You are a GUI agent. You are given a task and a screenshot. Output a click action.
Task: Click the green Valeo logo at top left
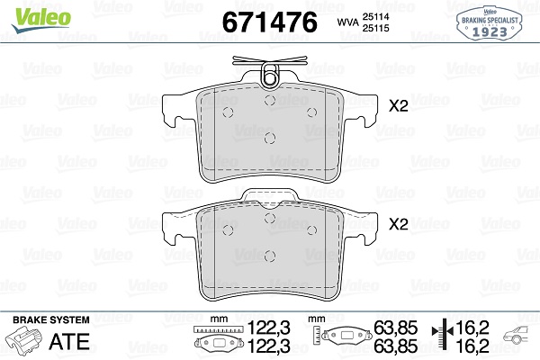41,19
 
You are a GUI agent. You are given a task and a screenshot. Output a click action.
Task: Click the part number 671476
269,22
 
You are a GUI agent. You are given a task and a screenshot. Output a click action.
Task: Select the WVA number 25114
375,16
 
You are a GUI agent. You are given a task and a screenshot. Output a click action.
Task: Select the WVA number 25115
375,28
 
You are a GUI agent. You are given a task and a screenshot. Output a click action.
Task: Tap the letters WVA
347,22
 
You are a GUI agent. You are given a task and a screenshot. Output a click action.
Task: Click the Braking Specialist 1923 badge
490,23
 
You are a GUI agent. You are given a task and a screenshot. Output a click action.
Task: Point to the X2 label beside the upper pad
399,106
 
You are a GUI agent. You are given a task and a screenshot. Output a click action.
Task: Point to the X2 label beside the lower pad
399,224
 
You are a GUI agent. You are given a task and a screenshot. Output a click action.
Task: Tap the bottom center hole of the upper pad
270,138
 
